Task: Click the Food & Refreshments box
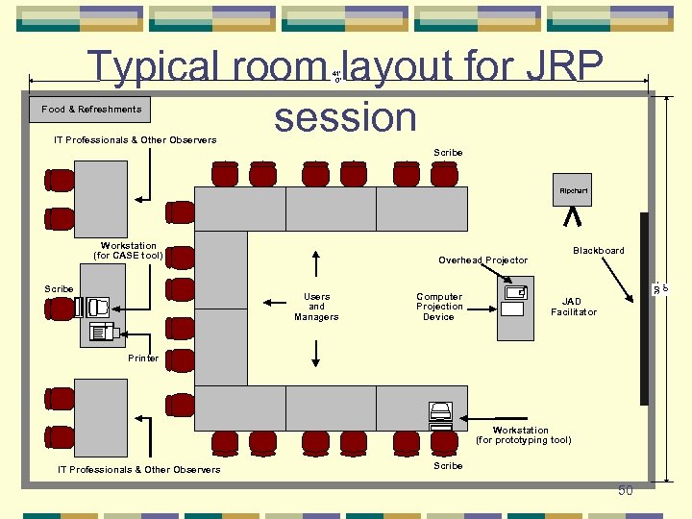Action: click(91, 110)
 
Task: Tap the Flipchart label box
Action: click(574, 191)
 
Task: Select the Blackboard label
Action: click(598, 251)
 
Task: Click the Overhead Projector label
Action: click(482, 260)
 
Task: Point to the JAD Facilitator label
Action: click(573, 307)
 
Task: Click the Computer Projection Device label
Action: click(439, 307)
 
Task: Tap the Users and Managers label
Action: click(316, 307)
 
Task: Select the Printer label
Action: click(143, 358)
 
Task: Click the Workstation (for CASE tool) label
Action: click(128, 251)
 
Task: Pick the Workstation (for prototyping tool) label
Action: click(523, 435)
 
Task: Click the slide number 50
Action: click(626, 491)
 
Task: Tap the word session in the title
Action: click(345, 117)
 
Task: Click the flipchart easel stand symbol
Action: click(574, 217)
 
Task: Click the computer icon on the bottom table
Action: click(439, 413)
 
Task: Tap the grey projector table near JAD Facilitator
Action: click(515, 307)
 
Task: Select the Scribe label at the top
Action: click(448, 153)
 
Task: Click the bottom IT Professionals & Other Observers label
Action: click(138, 470)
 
